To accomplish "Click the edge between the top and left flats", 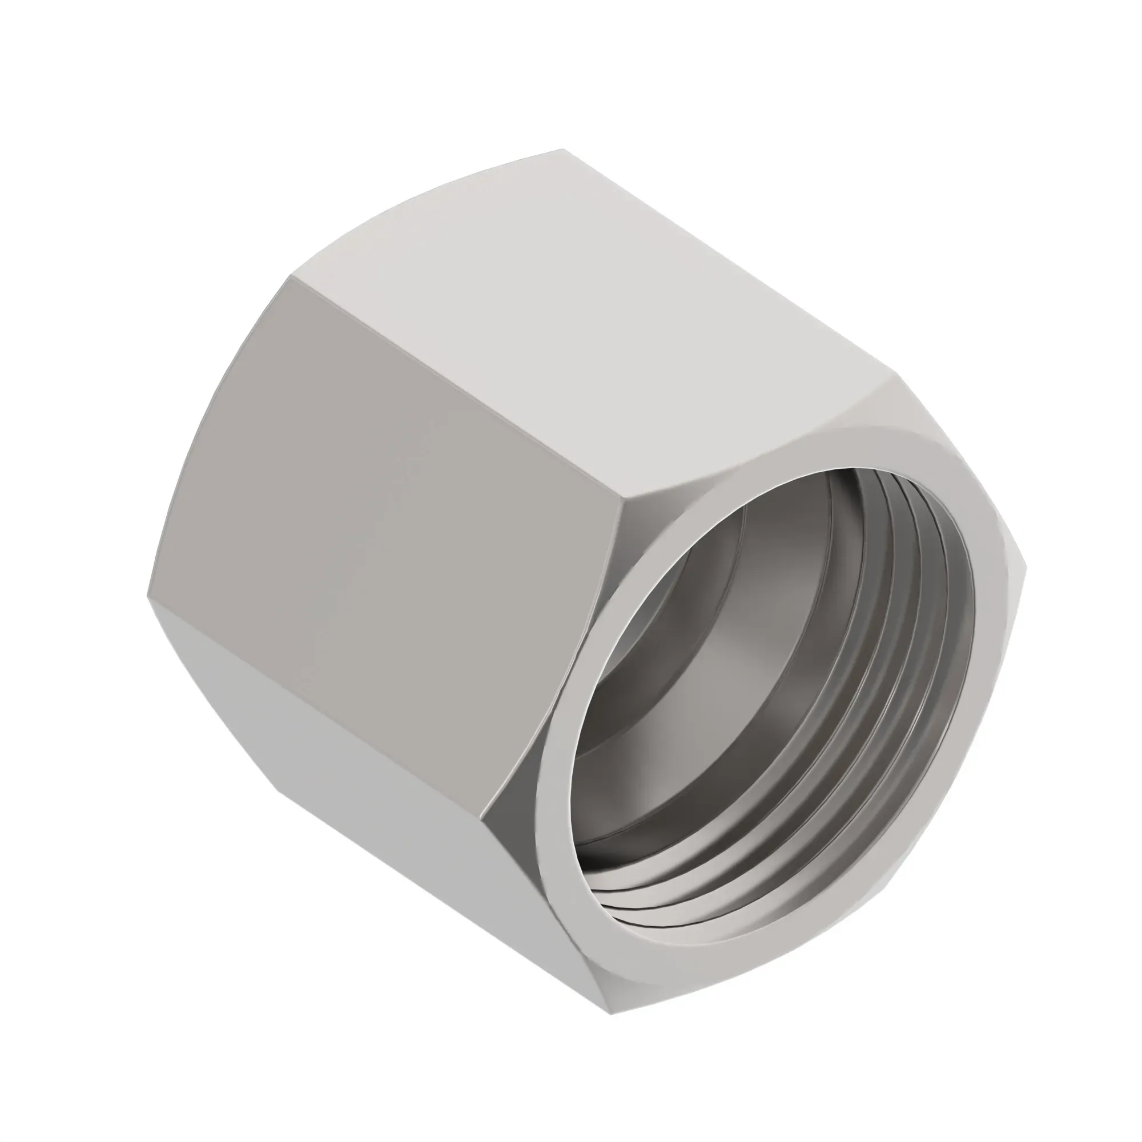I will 455,384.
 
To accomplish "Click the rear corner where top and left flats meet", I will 289,276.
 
